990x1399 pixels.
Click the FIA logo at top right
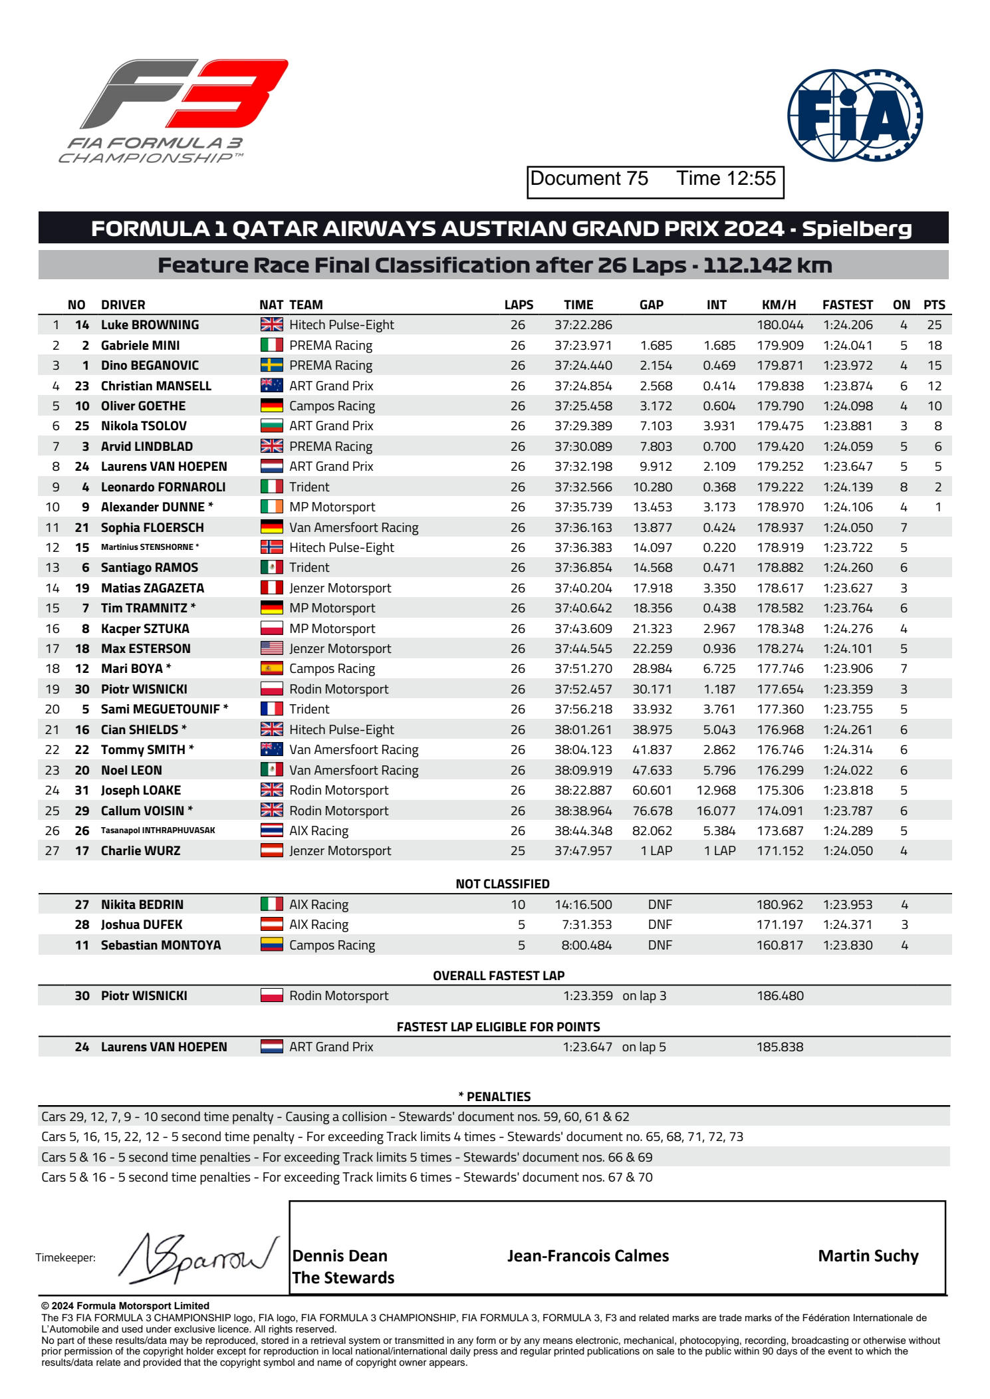point(854,115)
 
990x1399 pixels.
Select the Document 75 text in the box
point(589,178)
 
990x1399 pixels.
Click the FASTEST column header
point(847,305)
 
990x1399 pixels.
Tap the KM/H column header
point(779,305)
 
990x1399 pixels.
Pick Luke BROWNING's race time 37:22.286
point(583,325)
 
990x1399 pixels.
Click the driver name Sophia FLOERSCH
point(152,527)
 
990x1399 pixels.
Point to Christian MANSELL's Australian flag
point(271,386)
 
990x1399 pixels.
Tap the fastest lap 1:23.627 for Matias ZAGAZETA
point(848,588)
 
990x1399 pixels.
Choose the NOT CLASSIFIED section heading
point(502,884)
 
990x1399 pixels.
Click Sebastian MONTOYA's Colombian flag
point(271,945)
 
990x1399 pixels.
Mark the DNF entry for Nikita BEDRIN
point(660,904)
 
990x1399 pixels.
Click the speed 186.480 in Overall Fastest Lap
point(780,995)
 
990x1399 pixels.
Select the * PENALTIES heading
point(494,1096)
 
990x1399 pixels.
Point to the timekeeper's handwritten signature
point(197,1258)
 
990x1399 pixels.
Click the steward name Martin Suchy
point(868,1255)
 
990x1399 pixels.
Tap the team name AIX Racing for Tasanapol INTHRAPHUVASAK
point(318,830)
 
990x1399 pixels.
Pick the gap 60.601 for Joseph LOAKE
point(652,790)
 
